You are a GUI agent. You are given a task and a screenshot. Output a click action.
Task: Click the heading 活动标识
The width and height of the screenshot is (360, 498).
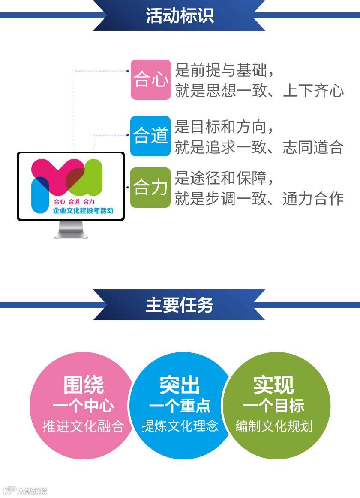[x=180, y=16]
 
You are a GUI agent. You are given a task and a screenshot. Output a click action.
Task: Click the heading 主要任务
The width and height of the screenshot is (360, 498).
[x=180, y=305]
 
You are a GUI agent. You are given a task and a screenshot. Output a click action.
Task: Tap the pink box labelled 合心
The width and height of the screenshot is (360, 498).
[x=150, y=80]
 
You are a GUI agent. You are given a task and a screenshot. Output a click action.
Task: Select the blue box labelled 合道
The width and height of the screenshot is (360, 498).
[x=150, y=136]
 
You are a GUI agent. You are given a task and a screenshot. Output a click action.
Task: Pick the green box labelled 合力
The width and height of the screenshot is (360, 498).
[x=150, y=188]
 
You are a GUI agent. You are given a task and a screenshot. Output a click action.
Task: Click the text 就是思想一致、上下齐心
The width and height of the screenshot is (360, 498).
[x=259, y=91]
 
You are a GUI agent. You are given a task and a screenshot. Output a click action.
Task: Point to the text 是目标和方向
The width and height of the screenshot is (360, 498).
[x=223, y=127]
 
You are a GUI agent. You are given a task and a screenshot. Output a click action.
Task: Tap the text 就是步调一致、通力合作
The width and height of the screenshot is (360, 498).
[x=259, y=198]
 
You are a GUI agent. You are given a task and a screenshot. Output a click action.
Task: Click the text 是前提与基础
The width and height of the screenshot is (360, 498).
[x=223, y=70]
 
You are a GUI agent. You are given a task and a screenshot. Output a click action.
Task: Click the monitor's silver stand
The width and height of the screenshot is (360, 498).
[x=71, y=229]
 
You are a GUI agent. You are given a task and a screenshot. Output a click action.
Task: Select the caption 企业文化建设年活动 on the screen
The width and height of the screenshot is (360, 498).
[x=83, y=211]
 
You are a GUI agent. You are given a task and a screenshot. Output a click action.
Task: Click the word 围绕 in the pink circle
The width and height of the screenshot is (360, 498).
[x=84, y=385]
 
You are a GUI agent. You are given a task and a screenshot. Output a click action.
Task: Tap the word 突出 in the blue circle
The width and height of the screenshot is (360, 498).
[x=180, y=385]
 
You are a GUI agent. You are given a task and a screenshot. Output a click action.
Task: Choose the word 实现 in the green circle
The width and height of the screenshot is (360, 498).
[x=273, y=385]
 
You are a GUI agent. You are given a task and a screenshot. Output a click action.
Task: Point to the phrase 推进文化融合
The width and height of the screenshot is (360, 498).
[x=83, y=426]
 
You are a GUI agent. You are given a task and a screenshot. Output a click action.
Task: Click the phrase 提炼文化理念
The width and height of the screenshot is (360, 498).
[x=180, y=426]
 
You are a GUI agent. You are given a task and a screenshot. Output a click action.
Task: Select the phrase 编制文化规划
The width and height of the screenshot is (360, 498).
[x=274, y=426]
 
